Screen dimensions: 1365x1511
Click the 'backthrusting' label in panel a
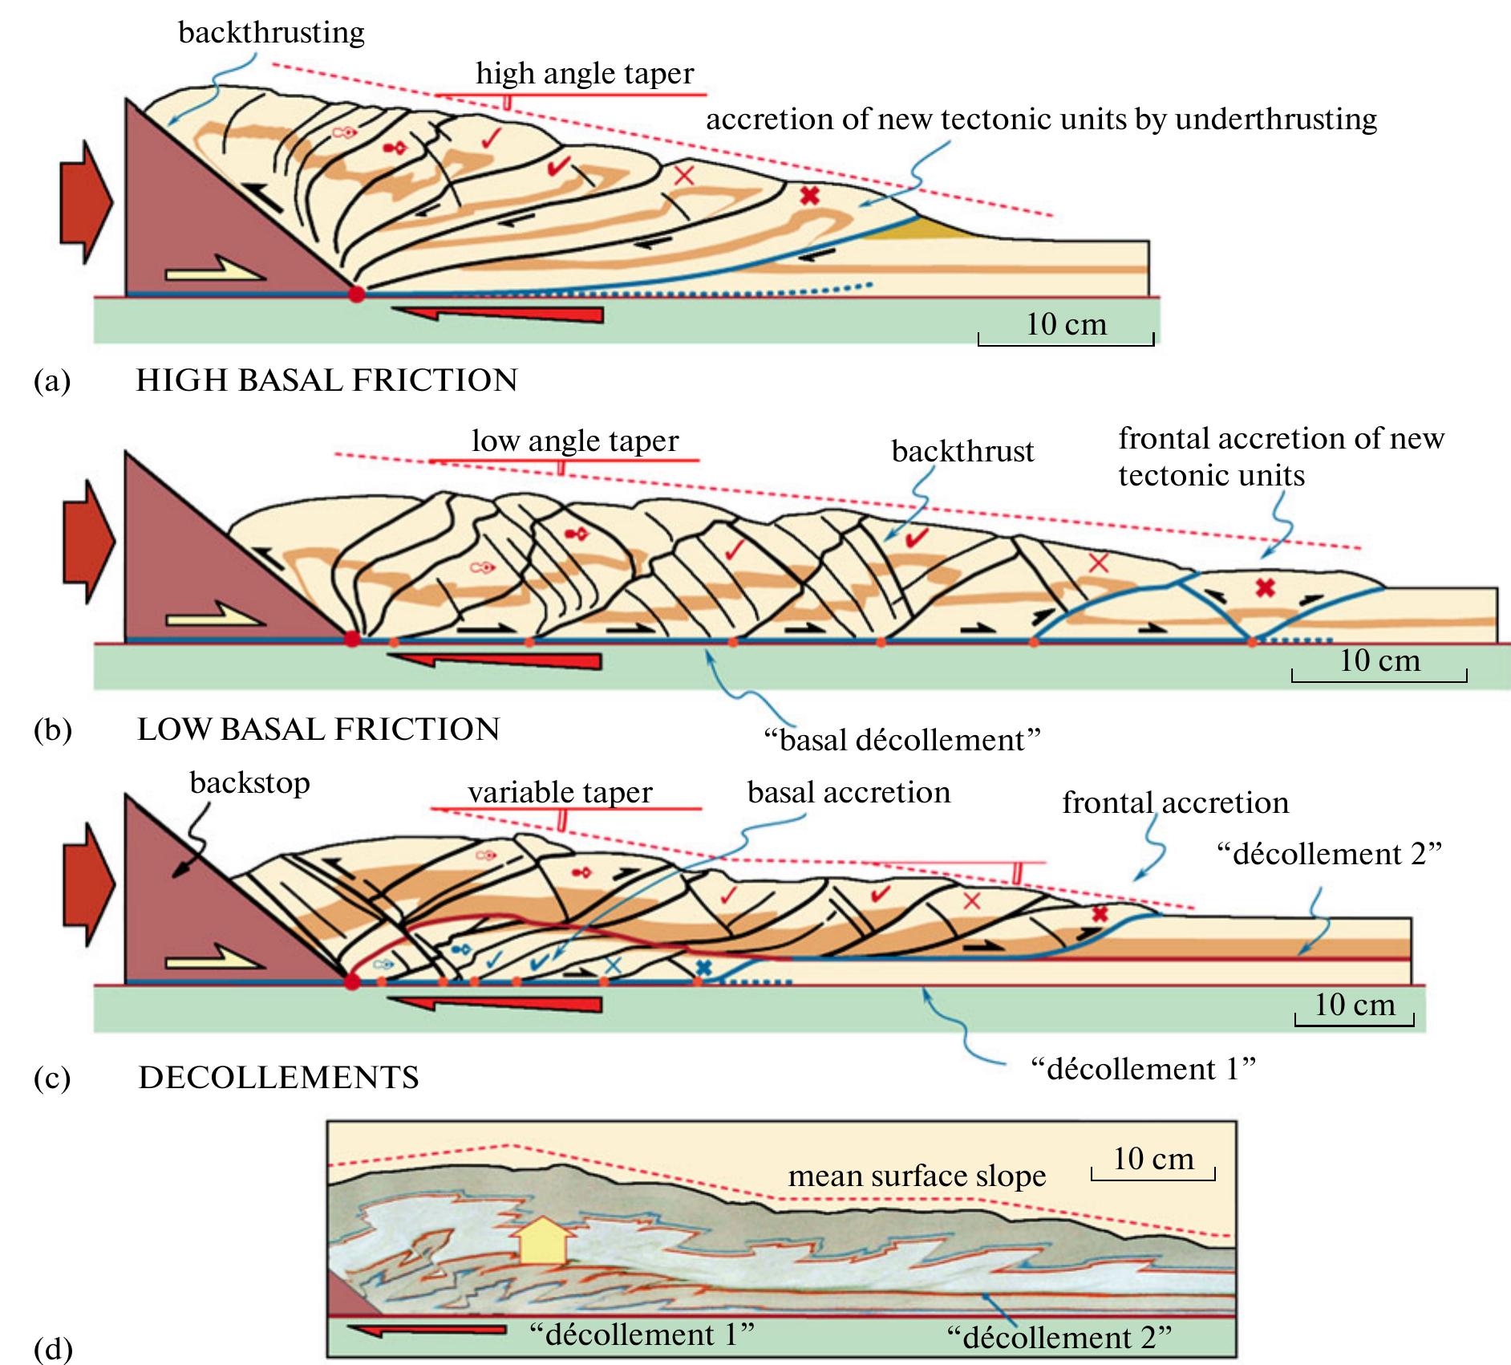[x=271, y=33]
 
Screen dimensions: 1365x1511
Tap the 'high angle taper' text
[x=584, y=74]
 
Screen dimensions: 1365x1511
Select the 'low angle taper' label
[x=574, y=441]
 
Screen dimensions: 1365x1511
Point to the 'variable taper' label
[x=560, y=792]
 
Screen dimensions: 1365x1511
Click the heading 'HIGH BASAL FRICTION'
[x=326, y=380]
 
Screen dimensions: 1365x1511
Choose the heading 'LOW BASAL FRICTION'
[x=318, y=729]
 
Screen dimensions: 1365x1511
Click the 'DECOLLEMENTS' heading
[x=278, y=1077]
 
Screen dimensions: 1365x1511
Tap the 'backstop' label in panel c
[x=249, y=782]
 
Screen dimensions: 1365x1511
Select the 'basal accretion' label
[x=849, y=792]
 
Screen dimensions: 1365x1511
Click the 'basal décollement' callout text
[x=901, y=740]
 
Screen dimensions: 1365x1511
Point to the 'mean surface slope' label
[x=917, y=1176]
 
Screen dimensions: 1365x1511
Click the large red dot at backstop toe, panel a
[x=357, y=294]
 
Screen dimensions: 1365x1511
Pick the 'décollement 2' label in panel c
[x=1329, y=854]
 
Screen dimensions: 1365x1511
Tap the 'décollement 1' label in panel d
[x=642, y=1335]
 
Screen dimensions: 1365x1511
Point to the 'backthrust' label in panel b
[x=962, y=452]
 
